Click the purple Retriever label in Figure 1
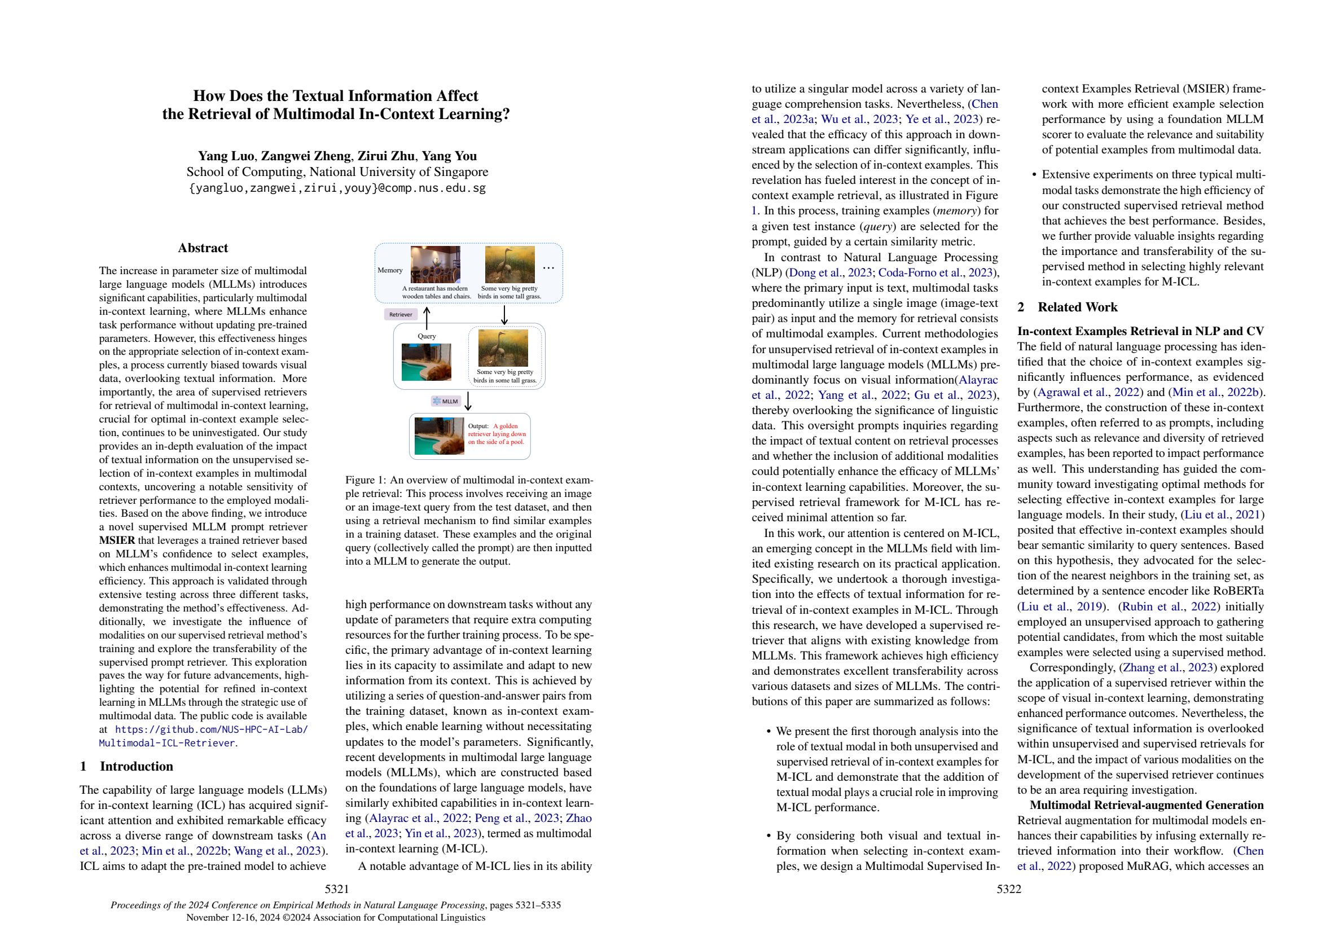tap(401, 314)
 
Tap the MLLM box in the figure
tap(446, 402)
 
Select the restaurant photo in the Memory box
tap(435, 265)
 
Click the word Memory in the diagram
tap(390, 270)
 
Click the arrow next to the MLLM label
tap(468, 401)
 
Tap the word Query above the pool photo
tap(427, 336)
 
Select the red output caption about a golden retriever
tap(497, 434)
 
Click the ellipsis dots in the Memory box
tap(548, 268)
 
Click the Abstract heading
tap(203, 248)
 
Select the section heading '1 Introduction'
tap(126, 766)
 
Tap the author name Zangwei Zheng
tap(306, 156)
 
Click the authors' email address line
tap(337, 188)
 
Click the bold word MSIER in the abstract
tap(117, 540)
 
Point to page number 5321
tap(337, 889)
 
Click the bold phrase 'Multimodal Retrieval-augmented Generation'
tap(1146, 805)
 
